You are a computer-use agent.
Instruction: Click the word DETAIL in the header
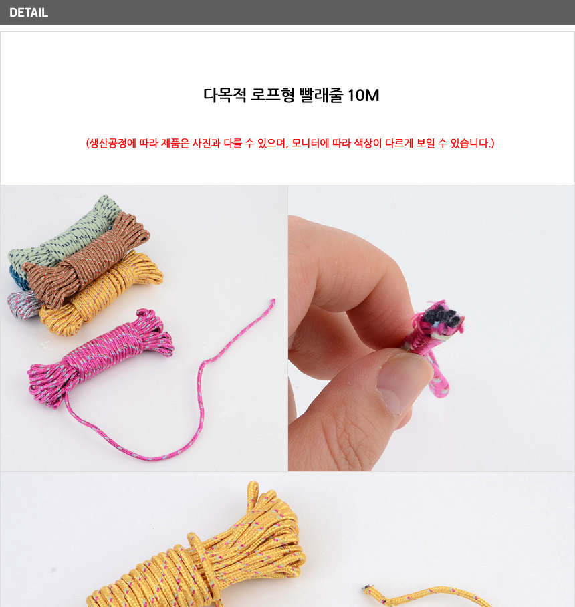(29, 13)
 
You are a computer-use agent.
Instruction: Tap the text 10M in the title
(363, 95)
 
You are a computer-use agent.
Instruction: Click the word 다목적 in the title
(225, 95)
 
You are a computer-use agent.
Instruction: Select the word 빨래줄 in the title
(321, 95)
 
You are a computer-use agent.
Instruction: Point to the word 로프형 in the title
(273, 95)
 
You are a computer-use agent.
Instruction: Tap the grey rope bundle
(23, 304)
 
